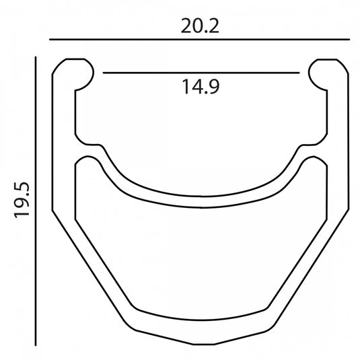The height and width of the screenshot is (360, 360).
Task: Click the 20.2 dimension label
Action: (200, 26)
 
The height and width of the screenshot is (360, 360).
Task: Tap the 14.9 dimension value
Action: (201, 87)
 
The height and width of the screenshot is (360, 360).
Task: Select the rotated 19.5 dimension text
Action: (22, 200)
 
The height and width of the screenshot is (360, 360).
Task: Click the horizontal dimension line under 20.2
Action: (200, 40)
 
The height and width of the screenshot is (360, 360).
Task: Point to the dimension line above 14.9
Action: (201, 73)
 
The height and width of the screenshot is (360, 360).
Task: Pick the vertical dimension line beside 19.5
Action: (36, 201)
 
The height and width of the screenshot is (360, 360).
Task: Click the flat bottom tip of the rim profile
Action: (204, 344)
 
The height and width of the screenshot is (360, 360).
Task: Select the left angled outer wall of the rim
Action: (88, 267)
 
